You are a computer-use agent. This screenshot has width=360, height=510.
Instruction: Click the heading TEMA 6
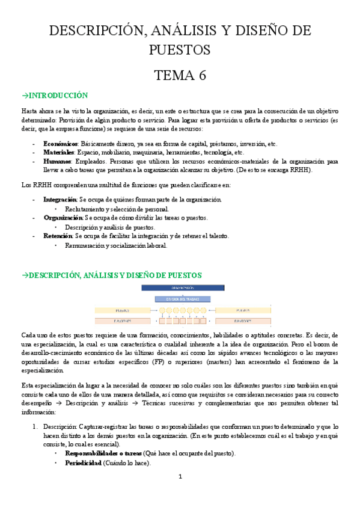tap(180, 75)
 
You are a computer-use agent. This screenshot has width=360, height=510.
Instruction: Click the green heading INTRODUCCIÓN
tap(55, 96)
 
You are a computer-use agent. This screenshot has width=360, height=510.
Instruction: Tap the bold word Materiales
tap(58, 153)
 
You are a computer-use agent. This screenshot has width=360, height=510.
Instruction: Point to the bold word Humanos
tap(56, 161)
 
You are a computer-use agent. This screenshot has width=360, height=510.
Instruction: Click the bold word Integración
tap(59, 199)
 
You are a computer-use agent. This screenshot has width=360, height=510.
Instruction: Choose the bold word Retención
tap(58, 236)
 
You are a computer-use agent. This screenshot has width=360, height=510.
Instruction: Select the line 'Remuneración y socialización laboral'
tap(116, 245)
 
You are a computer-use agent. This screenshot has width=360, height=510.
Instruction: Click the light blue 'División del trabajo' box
tap(180, 298)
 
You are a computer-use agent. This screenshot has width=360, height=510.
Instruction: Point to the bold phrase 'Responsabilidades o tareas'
tap(103, 453)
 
